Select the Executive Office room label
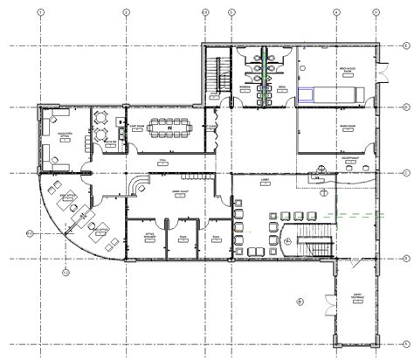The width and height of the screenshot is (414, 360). point(64,135)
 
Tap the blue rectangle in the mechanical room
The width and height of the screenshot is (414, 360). point(306,96)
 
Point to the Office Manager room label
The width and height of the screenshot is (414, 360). point(144,236)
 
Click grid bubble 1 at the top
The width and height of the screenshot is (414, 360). point(41,12)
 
